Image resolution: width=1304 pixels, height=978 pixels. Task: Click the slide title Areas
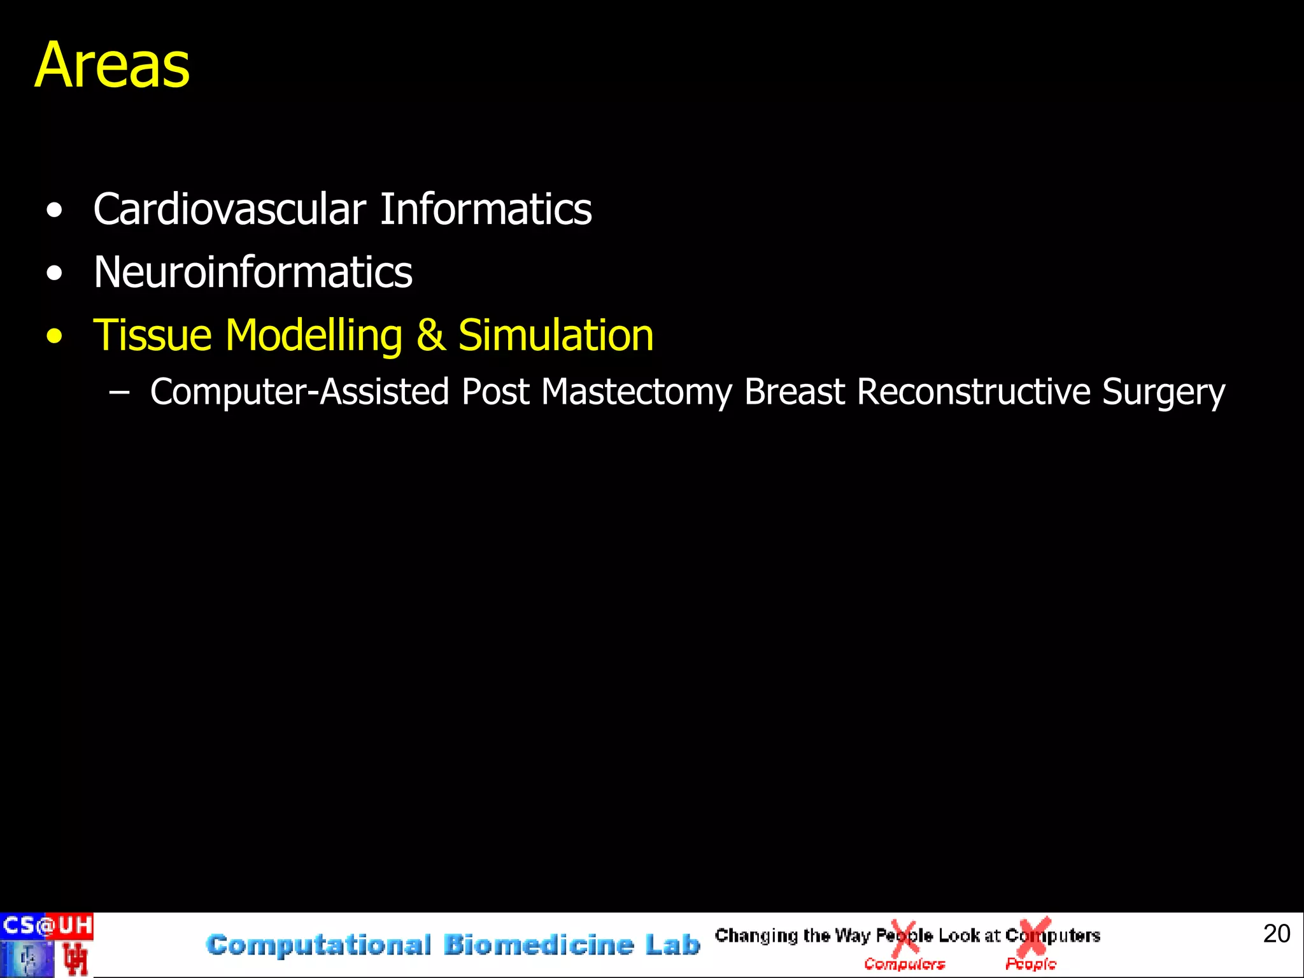(x=112, y=65)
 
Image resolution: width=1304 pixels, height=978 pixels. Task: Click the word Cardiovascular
(x=229, y=209)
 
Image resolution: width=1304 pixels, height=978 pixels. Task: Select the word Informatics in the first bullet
(x=486, y=209)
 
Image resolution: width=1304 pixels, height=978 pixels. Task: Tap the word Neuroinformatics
(x=253, y=273)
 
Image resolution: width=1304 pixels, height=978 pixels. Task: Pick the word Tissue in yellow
(x=152, y=335)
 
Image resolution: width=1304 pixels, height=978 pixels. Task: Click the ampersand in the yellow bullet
(x=430, y=336)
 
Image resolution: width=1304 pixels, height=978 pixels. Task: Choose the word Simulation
(x=556, y=335)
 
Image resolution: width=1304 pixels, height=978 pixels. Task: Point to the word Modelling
(x=314, y=336)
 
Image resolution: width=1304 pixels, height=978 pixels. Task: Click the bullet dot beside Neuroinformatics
(x=55, y=274)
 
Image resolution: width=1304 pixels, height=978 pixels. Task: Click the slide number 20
(x=1276, y=933)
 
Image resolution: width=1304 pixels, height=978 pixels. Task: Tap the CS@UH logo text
(x=46, y=925)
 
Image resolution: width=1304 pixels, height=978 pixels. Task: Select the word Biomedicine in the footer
(x=539, y=945)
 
